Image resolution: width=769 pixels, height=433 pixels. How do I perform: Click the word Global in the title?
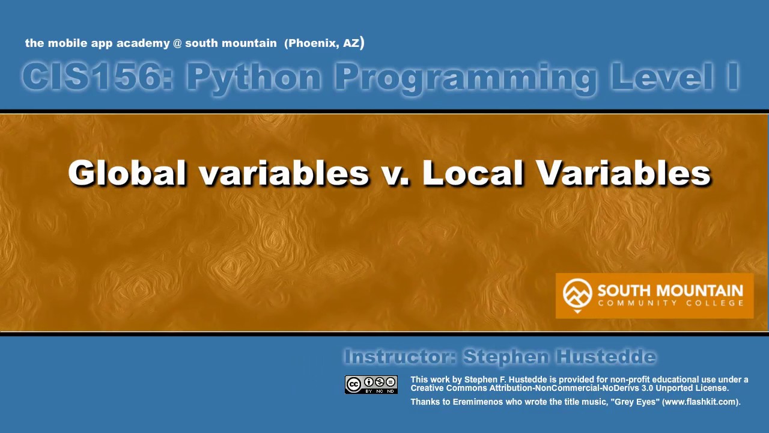[x=127, y=173]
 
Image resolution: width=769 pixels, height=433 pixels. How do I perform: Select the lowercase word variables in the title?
[x=284, y=173]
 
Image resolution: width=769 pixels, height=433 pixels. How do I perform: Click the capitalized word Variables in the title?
[x=624, y=173]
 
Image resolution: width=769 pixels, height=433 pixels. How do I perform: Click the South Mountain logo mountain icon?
[x=577, y=294]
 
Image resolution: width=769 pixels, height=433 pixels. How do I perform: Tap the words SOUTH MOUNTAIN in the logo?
[x=670, y=291]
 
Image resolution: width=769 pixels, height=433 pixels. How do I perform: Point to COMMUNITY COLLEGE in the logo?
[x=670, y=303]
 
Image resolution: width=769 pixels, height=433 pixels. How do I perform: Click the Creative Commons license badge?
[x=371, y=385]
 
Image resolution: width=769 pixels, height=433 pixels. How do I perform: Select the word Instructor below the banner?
[x=399, y=357]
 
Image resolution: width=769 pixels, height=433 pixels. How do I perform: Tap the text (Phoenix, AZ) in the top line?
[x=324, y=43]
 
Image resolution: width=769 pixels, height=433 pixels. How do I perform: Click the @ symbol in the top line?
[x=177, y=43]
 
